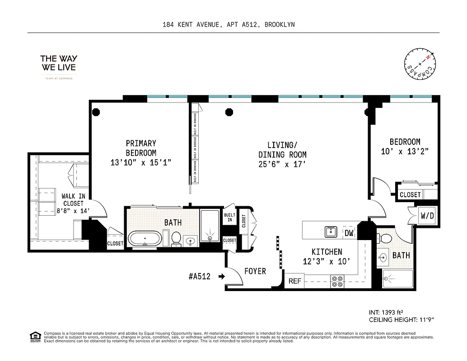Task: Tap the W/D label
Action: pyautogui.click(x=427, y=216)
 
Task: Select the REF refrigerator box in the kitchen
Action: pyautogui.click(x=295, y=281)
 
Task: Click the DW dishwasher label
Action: pyautogui.click(x=349, y=233)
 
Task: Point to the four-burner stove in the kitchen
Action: pyautogui.click(x=337, y=282)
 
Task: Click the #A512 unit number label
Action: pyautogui.click(x=199, y=277)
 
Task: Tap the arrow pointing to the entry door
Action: pyautogui.click(x=221, y=277)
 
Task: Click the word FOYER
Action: pyautogui.click(x=255, y=271)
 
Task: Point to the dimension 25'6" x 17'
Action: pyautogui.click(x=282, y=166)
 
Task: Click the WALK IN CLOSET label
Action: pyautogui.click(x=73, y=204)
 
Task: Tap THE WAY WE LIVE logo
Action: pyautogui.click(x=59, y=63)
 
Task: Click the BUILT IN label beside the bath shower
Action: pyautogui.click(x=229, y=217)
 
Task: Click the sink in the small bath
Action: pyautogui.click(x=383, y=258)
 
